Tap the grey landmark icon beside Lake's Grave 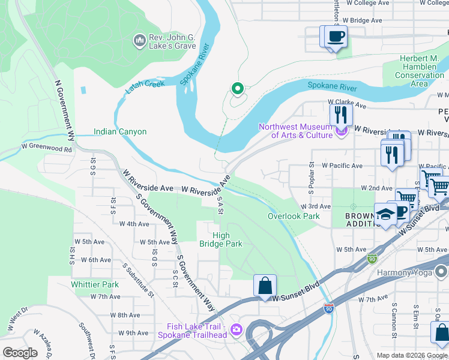(x=139, y=40)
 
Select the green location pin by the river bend (x=237, y=89)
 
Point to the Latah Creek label (x=145, y=88)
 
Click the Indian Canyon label (x=120, y=131)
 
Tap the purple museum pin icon (x=342, y=130)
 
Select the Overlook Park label (x=294, y=216)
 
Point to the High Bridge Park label (x=221, y=239)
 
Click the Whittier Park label (x=95, y=284)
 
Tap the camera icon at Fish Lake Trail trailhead (x=236, y=329)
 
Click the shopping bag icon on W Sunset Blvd (x=265, y=286)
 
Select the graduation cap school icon (x=385, y=214)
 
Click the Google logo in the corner (x=20, y=353)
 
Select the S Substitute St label (x=138, y=280)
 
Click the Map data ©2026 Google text (x=411, y=355)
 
